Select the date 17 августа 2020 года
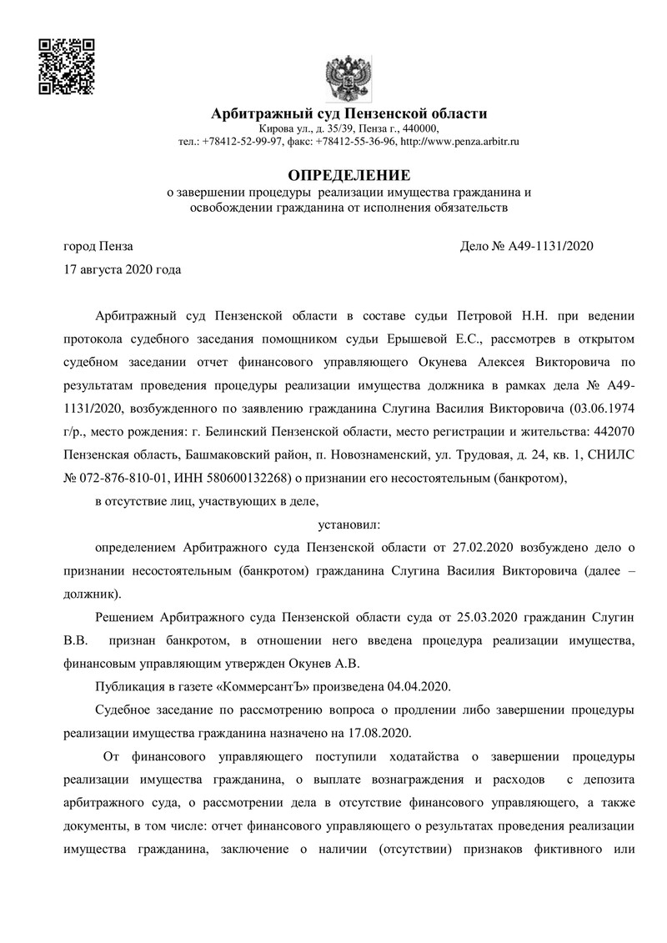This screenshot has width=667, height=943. pos(123,269)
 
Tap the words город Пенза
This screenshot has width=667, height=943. pos(98,246)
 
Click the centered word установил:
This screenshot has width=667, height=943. pos(349,524)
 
